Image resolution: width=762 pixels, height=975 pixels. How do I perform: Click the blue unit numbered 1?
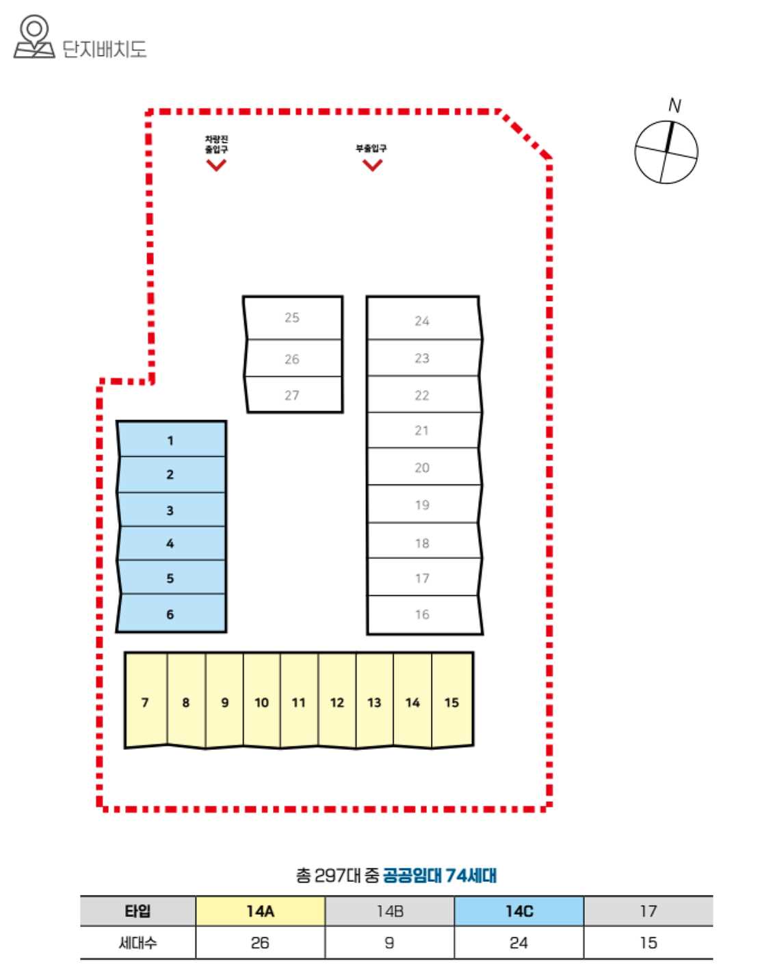[x=171, y=440]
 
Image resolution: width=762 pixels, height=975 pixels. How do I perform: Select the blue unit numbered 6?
[x=171, y=614]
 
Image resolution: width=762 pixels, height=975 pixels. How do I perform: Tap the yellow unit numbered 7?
[x=146, y=701]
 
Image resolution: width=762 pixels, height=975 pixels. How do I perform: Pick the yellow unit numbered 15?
[x=452, y=701]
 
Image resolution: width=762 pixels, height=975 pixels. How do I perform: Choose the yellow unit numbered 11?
[x=299, y=701]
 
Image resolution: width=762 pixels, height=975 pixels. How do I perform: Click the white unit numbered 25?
[x=292, y=317]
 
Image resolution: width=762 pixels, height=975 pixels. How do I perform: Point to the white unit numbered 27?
[x=292, y=395]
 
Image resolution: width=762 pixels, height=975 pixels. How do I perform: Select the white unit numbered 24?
[x=422, y=320]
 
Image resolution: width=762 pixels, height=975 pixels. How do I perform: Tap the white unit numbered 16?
[x=422, y=614]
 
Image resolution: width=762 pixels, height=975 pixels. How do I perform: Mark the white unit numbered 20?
[x=422, y=467]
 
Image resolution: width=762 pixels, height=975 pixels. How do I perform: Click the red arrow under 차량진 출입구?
[x=217, y=165]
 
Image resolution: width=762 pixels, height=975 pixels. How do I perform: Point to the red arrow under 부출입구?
[x=372, y=165]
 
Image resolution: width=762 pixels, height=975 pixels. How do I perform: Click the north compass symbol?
[x=666, y=152]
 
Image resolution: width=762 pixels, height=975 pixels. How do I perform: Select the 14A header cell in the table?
[x=260, y=911]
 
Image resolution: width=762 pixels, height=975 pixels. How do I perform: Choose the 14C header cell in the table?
[x=519, y=911]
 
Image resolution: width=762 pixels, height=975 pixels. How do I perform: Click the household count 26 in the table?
[x=260, y=943]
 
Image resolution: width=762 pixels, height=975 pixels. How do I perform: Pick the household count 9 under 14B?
[x=389, y=943]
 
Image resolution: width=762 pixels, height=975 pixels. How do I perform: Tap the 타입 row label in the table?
[x=137, y=911]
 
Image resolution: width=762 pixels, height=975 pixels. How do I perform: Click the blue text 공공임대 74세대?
[x=439, y=875]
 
